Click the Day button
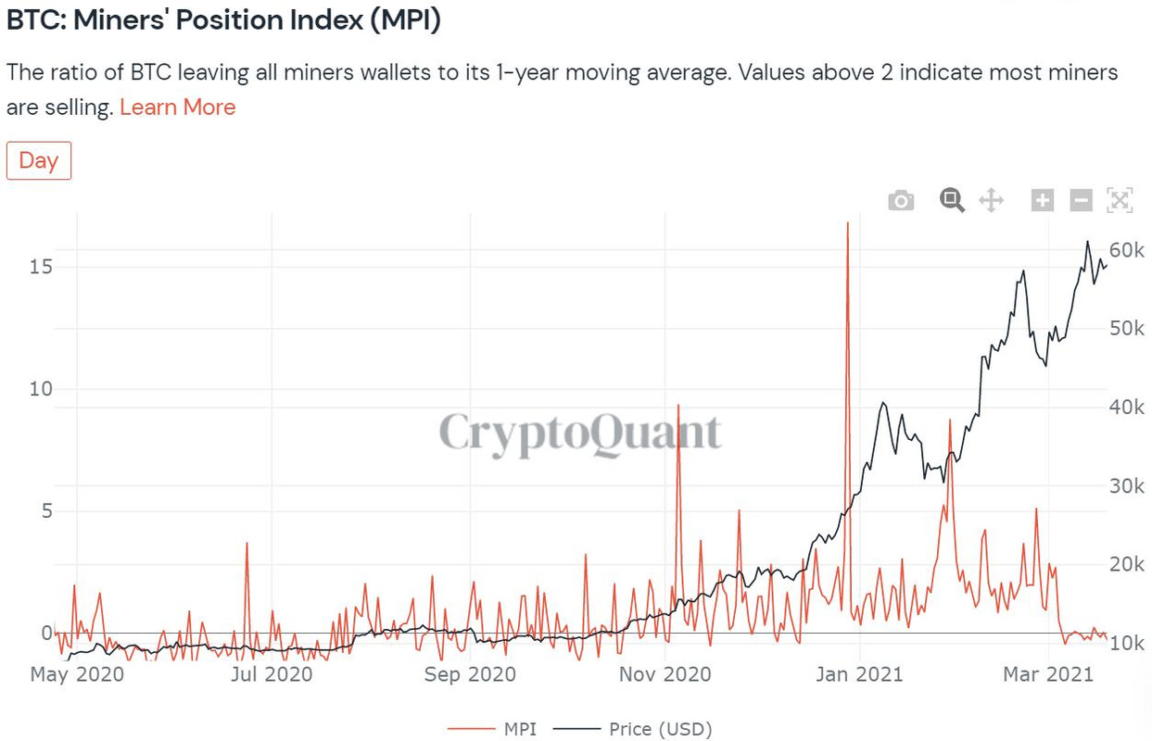(38, 160)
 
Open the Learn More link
(177, 107)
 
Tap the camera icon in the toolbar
(901, 200)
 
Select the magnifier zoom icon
(952, 199)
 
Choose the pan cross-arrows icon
(991, 199)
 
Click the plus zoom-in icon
(1043, 199)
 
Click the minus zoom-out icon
(1081, 199)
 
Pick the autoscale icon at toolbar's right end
(1120, 199)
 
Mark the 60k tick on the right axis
(1127, 250)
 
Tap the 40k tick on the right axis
(1127, 408)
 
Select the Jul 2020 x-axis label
(270, 674)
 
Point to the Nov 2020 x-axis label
(665, 674)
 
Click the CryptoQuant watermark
(579, 433)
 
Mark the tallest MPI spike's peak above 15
(847, 223)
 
